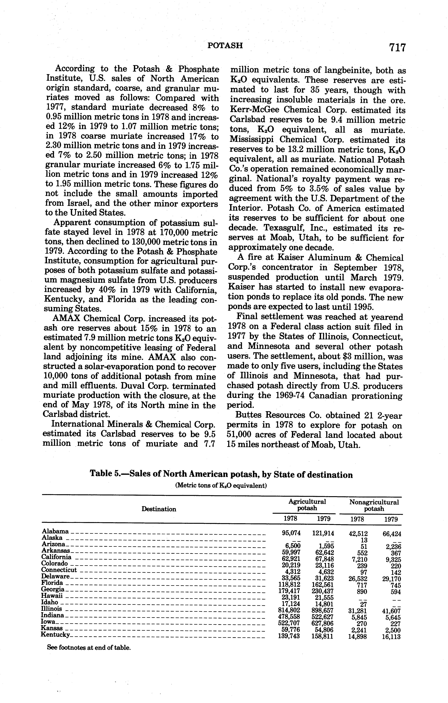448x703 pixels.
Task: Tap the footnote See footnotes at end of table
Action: point(89,648)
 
